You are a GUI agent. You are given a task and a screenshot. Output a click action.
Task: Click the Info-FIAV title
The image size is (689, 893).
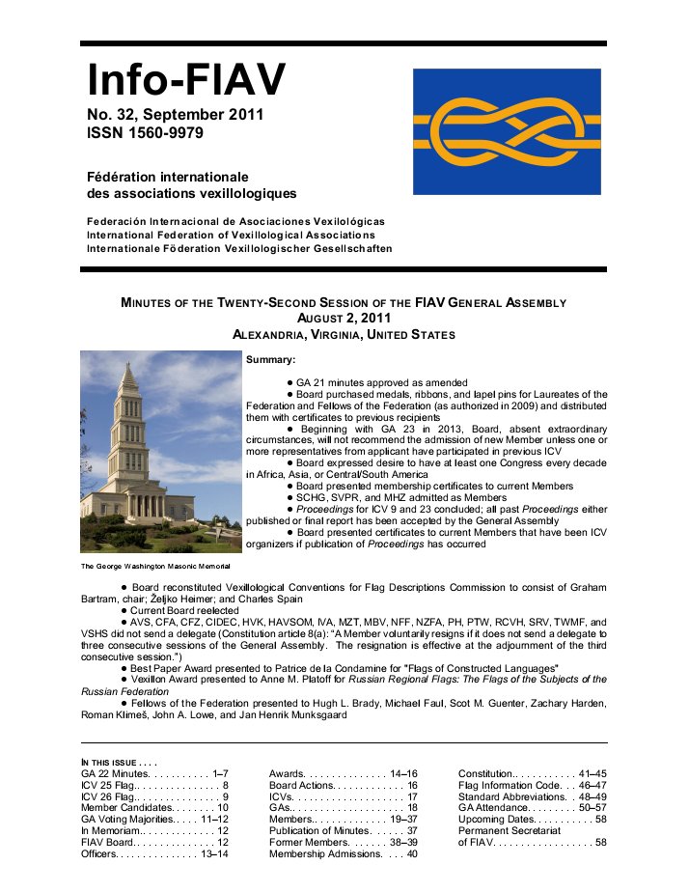(x=186, y=81)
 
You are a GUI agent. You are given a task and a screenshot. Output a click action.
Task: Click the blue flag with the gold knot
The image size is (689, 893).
(x=507, y=131)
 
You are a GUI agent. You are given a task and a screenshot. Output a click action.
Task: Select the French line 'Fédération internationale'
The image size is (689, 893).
(x=169, y=177)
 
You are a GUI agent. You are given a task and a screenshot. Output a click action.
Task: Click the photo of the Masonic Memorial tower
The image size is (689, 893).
(x=160, y=452)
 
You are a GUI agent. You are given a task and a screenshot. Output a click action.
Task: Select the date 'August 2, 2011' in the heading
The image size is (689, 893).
(x=344, y=318)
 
